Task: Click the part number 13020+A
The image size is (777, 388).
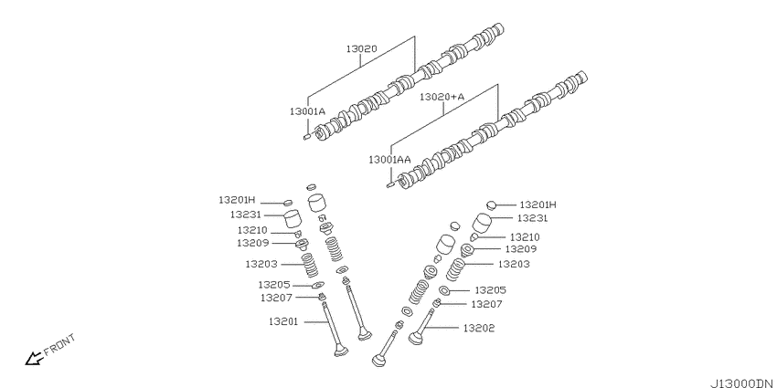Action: (442, 97)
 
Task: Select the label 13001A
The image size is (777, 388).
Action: (307, 111)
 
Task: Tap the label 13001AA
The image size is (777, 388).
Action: (389, 160)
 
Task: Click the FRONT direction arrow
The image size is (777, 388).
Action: (34, 358)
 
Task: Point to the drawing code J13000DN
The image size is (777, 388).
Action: (743, 383)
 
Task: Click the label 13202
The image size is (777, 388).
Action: (479, 328)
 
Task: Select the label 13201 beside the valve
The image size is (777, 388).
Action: (283, 321)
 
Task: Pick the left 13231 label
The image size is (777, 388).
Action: (245, 215)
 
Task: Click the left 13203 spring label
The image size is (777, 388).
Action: (261, 264)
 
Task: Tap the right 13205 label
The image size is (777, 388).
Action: (491, 290)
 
